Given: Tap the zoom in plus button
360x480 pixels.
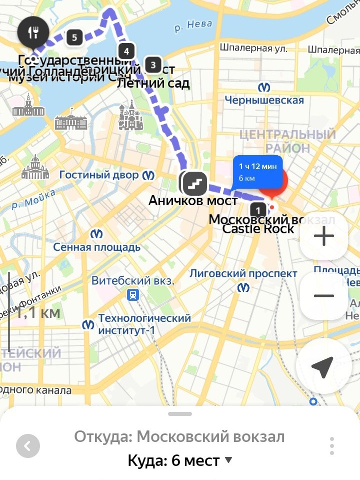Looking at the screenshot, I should pyautogui.click(x=323, y=236).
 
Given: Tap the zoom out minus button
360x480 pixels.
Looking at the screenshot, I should pyautogui.click(x=323, y=296).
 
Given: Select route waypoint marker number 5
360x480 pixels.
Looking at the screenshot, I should pyautogui.click(x=74, y=37).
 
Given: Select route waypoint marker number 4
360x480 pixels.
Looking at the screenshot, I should pyautogui.click(x=126, y=51).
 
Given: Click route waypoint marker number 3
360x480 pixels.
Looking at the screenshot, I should pyautogui.click(x=153, y=65).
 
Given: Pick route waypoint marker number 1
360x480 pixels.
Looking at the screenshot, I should pyautogui.click(x=258, y=210).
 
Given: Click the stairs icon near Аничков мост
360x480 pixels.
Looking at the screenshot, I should pyautogui.click(x=194, y=183).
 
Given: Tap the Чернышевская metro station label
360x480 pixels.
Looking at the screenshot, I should pyautogui.click(x=264, y=100).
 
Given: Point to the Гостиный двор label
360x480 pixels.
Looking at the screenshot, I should pyautogui.click(x=99, y=175).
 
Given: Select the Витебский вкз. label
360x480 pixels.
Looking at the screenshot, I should pyautogui.click(x=132, y=281).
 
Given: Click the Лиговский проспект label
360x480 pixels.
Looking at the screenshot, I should pyautogui.click(x=243, y=274).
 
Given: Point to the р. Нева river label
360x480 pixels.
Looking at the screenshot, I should pyautogui.click(x=193, y=25).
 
